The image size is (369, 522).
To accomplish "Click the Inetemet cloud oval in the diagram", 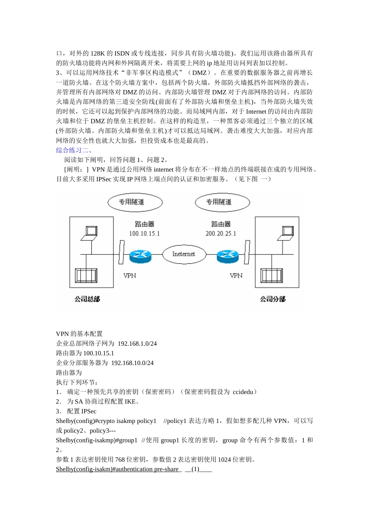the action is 183,254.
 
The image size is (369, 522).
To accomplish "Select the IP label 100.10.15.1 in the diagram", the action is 144,233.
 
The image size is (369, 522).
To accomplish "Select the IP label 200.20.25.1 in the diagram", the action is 221,233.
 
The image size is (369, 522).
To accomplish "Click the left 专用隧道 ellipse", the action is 135,202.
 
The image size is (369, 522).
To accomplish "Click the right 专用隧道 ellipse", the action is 222,202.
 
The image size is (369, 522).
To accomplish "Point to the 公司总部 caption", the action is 87,299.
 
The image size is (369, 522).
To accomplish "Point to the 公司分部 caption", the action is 273,299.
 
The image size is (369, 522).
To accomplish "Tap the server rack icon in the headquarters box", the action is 86,275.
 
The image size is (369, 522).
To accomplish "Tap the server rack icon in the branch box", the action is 272,275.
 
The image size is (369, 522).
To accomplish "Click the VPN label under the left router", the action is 130,276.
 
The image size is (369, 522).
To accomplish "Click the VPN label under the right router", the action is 236,276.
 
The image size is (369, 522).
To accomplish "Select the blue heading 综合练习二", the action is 74,150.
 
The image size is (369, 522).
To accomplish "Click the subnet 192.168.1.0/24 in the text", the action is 137,344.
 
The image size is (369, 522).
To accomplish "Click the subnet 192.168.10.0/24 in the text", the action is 132,363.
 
